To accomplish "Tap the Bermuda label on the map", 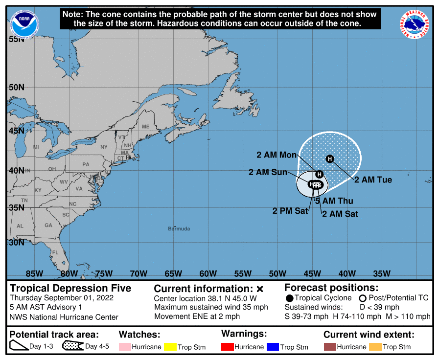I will (179, 229).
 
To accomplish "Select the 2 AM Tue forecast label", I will (373, 180).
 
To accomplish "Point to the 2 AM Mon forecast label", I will (277, 155).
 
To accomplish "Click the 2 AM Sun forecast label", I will (268, 172).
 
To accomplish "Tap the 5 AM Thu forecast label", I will (334, 201).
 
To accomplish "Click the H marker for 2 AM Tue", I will (330, 158).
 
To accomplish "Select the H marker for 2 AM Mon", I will (320, 174).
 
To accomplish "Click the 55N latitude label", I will (16, 39).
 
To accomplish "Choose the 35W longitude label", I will (382, 273).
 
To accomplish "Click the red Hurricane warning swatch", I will (227, 347).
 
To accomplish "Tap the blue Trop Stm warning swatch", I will (273, 347).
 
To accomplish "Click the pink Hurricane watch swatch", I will (125, 347).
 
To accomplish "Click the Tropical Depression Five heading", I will (70, 288).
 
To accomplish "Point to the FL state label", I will (55, 252).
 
